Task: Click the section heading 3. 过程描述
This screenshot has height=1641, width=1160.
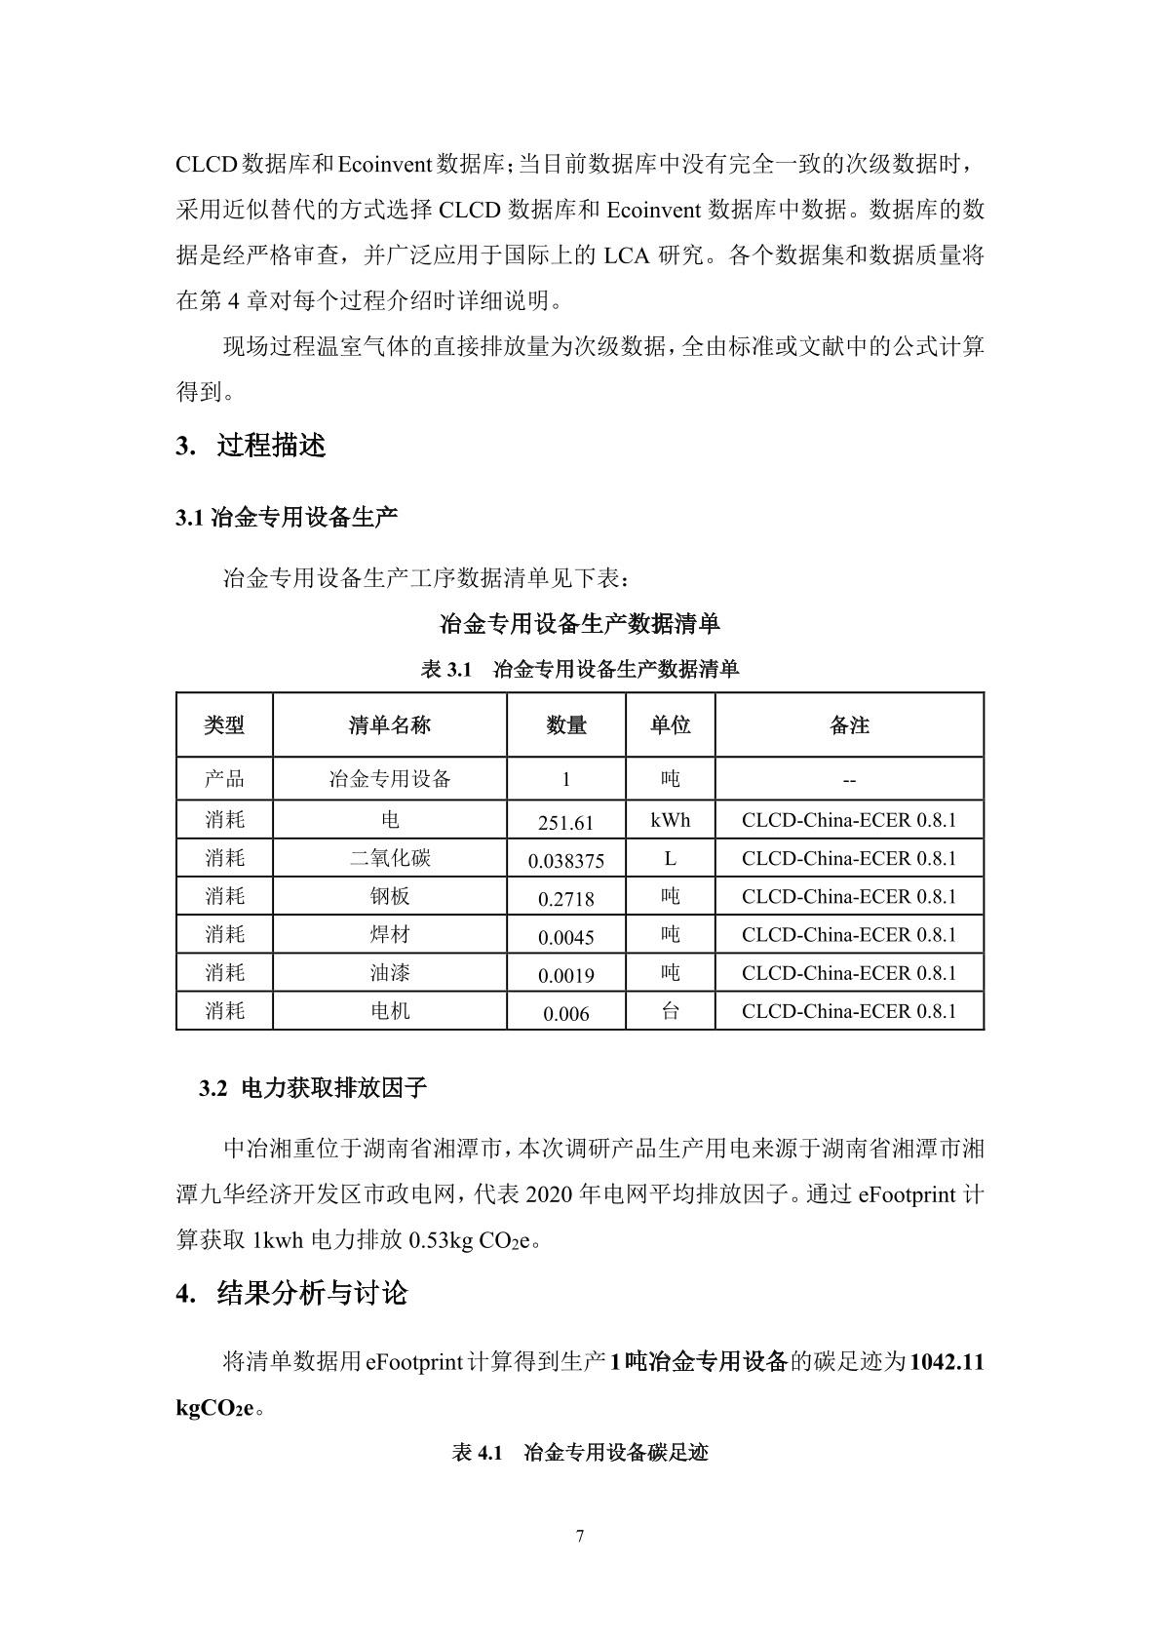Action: pyautogui.click(x=251, y=446)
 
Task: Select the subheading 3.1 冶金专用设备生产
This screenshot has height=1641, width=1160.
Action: pyautogui.click(x=287, y=518)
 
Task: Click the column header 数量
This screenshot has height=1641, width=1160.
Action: pyautogui.click(x=565, y=724)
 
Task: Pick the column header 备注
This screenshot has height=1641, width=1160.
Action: pyautogui.click(x=849, y=724)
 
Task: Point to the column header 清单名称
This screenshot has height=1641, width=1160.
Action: pyautogui.click(x=389, y=724)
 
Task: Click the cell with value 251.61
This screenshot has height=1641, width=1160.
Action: pyautogui.click(x=565, y=822)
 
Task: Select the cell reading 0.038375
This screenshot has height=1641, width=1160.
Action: pyautogui.click(x=565, y=860)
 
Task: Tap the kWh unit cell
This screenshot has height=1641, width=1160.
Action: pyautogui.click(x=670, y=820)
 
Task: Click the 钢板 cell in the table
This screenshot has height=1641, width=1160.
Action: pyautogui.click(x=390, y=896)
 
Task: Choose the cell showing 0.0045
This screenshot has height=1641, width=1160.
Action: pyautogui.click(x=565, y=937)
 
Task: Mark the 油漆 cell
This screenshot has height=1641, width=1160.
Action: pyautogui.click(x=390, y=972)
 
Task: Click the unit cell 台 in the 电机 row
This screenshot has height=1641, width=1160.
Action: pyautogui.click(x=670, y=1011)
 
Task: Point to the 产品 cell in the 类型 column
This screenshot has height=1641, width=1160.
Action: pyautogui.click(x=224, y=779)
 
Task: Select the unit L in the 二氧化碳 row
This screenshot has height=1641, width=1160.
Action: pyautogui.click(x=670, y=858)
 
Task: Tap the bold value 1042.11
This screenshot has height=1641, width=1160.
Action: pyautogui.click(x=946, y=1361)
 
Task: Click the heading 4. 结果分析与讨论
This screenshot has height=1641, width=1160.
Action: pyautogui.click(x=291, y=1294)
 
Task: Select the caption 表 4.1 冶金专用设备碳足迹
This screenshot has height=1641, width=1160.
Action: pyautogui.click(x=579, y=1453)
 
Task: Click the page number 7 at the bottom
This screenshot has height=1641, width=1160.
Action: pyautogui.click(x=580, y=1538)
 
